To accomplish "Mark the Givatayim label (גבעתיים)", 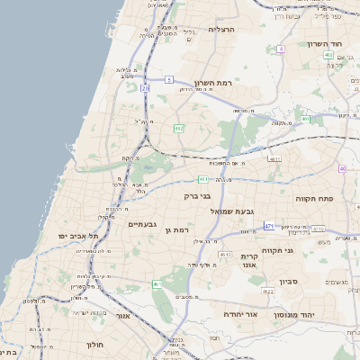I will click(x=143, y=224).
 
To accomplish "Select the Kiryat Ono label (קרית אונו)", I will click(x=249, y=260).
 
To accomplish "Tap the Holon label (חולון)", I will click(x=96, y=345).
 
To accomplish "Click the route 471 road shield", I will click(x=269, y=226).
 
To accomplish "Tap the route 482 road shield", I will click(x=179, y=128).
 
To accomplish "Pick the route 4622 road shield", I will click(x=268, y=292).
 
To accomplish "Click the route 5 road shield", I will click(x=168, y=80).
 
